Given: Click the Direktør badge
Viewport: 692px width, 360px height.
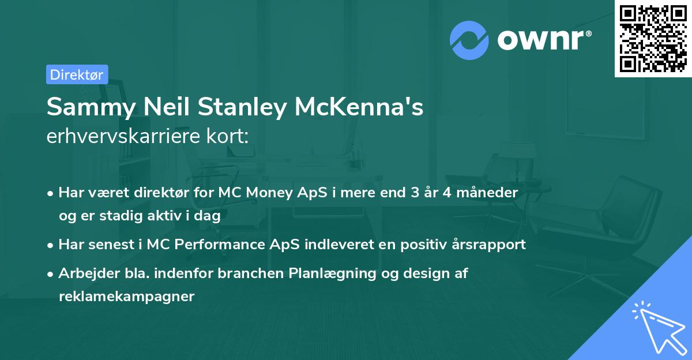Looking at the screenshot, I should click(77, 74).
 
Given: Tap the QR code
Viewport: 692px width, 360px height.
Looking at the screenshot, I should click(653, 39).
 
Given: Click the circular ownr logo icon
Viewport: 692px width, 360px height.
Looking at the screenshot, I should click(469, 40).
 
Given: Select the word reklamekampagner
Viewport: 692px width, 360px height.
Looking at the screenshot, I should click(126, 296).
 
